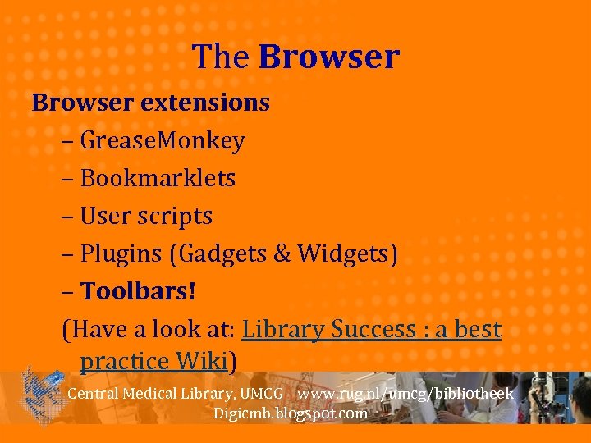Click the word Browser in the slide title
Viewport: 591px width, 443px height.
[x=328, y=57]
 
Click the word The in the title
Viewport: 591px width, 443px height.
[x=222, y=57]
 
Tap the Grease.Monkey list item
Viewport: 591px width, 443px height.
[x=163, y=141]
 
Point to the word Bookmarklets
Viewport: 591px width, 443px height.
[x=158, y=179]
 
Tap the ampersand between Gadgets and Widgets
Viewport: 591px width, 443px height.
[x=282, y=254]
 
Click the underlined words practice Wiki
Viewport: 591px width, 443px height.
[x=155, y=361]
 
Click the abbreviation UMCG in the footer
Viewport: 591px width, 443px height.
[x=262, y=394]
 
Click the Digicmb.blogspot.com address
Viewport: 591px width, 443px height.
[x=291, y=413]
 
